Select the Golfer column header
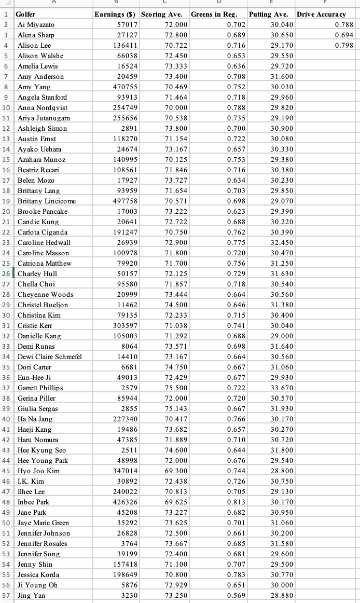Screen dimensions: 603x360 pos(25,14)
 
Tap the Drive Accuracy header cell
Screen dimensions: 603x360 pos(321,14)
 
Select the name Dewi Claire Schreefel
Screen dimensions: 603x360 pos(50,357)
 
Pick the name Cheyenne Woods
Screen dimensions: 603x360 pos(45,294)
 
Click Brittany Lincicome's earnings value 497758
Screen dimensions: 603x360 pos(125,201)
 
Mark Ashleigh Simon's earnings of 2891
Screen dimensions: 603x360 pos(129,128)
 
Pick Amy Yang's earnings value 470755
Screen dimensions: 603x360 pos(125,87)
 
